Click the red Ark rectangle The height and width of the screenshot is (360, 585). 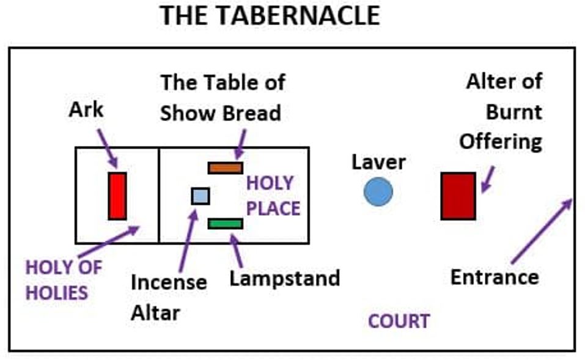(x=117, y=196)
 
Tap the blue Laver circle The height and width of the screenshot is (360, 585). (x=378, y=192)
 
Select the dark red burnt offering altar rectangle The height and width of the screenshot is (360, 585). (x=458, y=196)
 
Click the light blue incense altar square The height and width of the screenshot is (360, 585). (x=201, y=196)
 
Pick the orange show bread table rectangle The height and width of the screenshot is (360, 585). (x=225, y=167)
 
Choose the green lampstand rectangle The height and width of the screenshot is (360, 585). (x=225, y=224)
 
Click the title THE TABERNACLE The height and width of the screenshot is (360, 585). (x=270, y=15)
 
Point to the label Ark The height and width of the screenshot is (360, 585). (x=86, y=111)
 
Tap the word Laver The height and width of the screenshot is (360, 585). (x=378, y=162)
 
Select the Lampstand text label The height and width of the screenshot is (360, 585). (x=284, y=279)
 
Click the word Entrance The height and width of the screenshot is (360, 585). (x=494, y=277)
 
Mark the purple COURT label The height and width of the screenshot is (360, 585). (x=399, y=321)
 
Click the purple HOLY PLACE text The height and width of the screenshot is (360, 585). (x=273, y=196)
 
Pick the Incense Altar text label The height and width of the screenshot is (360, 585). (x=169, y=298)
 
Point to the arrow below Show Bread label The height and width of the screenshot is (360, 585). (x=240, y=144)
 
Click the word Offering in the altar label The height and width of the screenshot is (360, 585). (x=501, y=142)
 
